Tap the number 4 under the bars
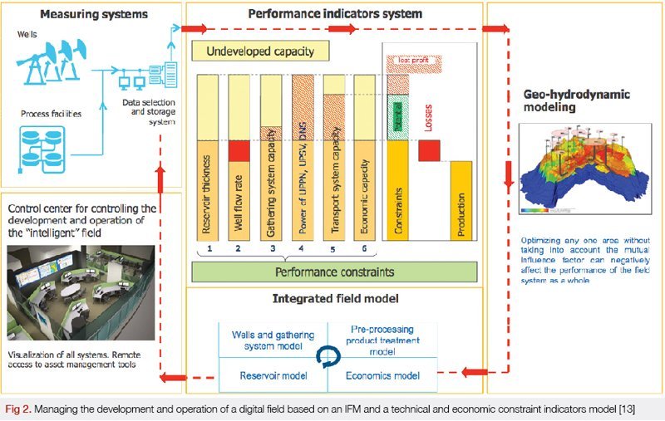(x=301, y=248)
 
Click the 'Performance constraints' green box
(x=334, y=272)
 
